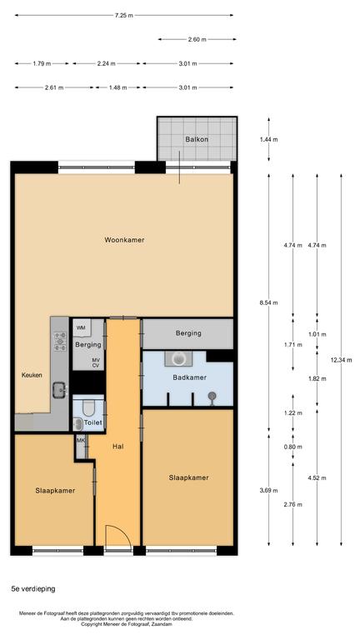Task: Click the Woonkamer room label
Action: point(124,240)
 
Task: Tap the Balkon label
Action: point(197,139)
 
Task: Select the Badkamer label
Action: point(189,377)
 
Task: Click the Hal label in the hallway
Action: point(117,447)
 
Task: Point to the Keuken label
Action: point(32,375)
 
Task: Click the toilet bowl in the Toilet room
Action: point(88,407)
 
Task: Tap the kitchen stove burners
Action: point(60,341)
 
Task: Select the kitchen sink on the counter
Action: point(60,389)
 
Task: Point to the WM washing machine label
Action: point(81,327)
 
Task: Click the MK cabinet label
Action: point(80,441)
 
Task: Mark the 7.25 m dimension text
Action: point(123,16)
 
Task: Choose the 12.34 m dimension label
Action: point(341,360)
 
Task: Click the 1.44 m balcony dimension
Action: point(268,139)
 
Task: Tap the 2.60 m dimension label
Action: point(197,40)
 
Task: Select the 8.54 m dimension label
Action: point(268,302)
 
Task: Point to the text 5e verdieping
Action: point(33,589)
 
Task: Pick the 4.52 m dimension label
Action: point(317,478)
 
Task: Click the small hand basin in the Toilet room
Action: point(77,424)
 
